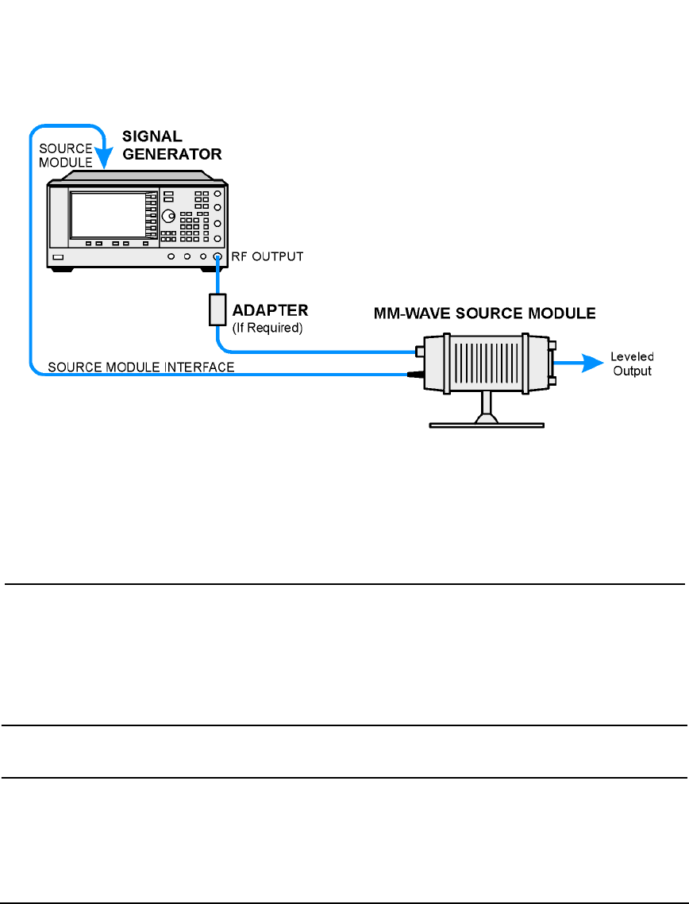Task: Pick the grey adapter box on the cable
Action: (217, 310)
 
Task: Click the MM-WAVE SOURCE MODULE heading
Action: (485, 313)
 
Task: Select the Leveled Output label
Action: (631, 364)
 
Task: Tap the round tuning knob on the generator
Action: (168, 217)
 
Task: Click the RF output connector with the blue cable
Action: (217, 257)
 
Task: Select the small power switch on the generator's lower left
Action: (58, 258)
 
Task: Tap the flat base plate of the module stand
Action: (487, 424)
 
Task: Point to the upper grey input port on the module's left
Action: (420, 350)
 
